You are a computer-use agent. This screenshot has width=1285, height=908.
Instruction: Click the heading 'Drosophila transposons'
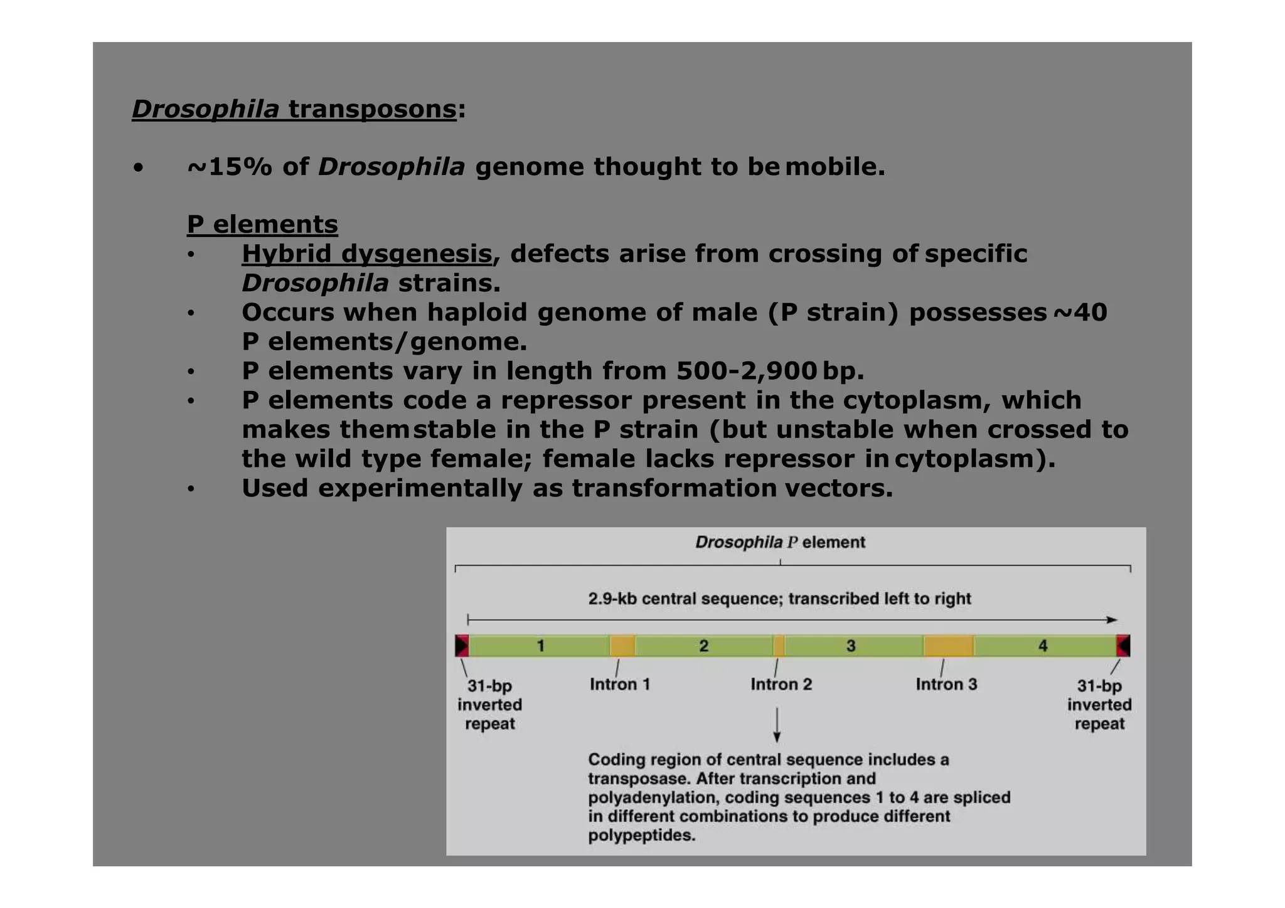point(294,109)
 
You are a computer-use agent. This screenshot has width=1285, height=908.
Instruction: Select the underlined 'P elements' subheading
point(262,225)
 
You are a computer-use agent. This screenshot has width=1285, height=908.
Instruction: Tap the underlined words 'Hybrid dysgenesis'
point(366,254)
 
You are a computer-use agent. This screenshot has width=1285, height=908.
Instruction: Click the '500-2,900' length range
point(746,371)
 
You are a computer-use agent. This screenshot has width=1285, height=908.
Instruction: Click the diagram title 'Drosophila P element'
point(780,542)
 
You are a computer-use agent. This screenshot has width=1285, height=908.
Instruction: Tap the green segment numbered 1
point(540,646)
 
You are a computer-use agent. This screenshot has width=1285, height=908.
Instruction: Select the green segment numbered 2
point(704,646)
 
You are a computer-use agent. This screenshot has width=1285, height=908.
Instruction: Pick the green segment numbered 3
point(851,646)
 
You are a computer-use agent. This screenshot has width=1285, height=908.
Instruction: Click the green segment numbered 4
point(1043,646)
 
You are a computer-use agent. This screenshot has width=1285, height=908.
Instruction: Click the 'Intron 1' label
point(619,684)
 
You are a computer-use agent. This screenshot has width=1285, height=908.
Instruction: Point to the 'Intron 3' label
point(946,684)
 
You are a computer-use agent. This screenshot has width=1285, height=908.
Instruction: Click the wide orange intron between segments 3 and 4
point(948,646)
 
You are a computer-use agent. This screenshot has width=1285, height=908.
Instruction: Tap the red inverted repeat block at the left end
point(462,646)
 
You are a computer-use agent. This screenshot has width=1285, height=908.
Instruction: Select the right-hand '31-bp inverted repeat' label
point(1099,705)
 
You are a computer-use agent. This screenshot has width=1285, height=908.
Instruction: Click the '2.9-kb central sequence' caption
point(779,599)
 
